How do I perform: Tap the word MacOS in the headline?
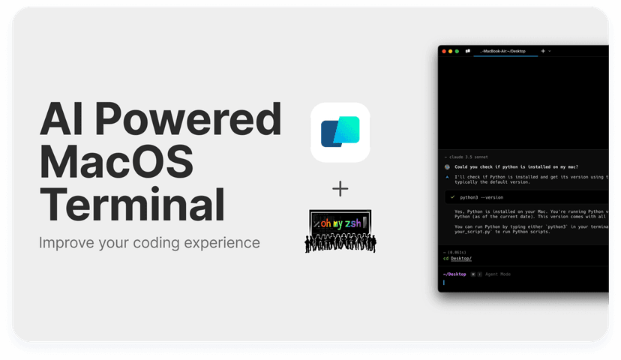click(117, 162)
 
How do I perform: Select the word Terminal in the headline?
click(132, 203)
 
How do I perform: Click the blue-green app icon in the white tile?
click(340, 132)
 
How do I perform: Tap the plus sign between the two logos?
click(340, 189)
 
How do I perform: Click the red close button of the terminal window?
click(443, 51)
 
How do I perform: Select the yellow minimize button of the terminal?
click(450, 51)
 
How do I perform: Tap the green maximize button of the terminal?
click(457, 51)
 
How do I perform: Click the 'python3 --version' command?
click(481, 197)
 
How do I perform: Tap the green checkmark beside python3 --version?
click(453, 197)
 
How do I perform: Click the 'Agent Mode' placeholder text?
click(498, 274)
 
